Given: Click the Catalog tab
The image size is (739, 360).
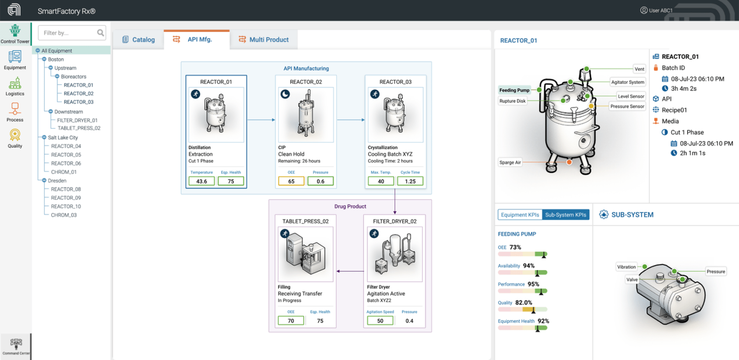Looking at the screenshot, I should click(x=139, y=39).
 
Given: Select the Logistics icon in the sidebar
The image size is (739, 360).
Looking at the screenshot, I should click(x=15, y=86).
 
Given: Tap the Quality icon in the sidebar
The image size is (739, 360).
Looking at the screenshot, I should click(x=15, y=138).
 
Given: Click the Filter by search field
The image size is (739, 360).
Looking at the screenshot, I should click(x=67, y=33).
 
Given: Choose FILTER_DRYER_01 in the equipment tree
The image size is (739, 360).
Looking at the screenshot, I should click(x=77, y=120).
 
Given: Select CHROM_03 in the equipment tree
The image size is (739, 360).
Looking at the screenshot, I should click(x=64, y=215).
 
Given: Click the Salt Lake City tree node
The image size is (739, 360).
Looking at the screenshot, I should click(x=63, y=138).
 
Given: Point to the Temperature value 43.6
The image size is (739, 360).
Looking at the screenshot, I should click(x=202, y=181).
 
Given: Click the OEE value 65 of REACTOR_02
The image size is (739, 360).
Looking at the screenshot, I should click(x=291, y=181).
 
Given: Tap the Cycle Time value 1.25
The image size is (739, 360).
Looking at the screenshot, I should click(x=410, y=181).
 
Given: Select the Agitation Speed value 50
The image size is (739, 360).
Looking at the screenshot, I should click(x=380, y=321).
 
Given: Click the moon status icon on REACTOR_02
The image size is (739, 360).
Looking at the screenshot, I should click(x=285, y=94).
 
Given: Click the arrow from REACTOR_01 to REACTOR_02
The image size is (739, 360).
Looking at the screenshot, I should click(x=261, y=119).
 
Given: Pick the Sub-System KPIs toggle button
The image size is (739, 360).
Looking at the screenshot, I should click(x=565, y=215).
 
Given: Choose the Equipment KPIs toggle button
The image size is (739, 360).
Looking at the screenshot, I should click(x=520, y=215).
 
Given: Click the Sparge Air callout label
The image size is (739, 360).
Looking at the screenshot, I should click(x=510, y=163).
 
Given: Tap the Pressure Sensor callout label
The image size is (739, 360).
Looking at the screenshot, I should click(x=627, y=106).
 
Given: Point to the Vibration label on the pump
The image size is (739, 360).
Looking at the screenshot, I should click(x=626, y=267).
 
